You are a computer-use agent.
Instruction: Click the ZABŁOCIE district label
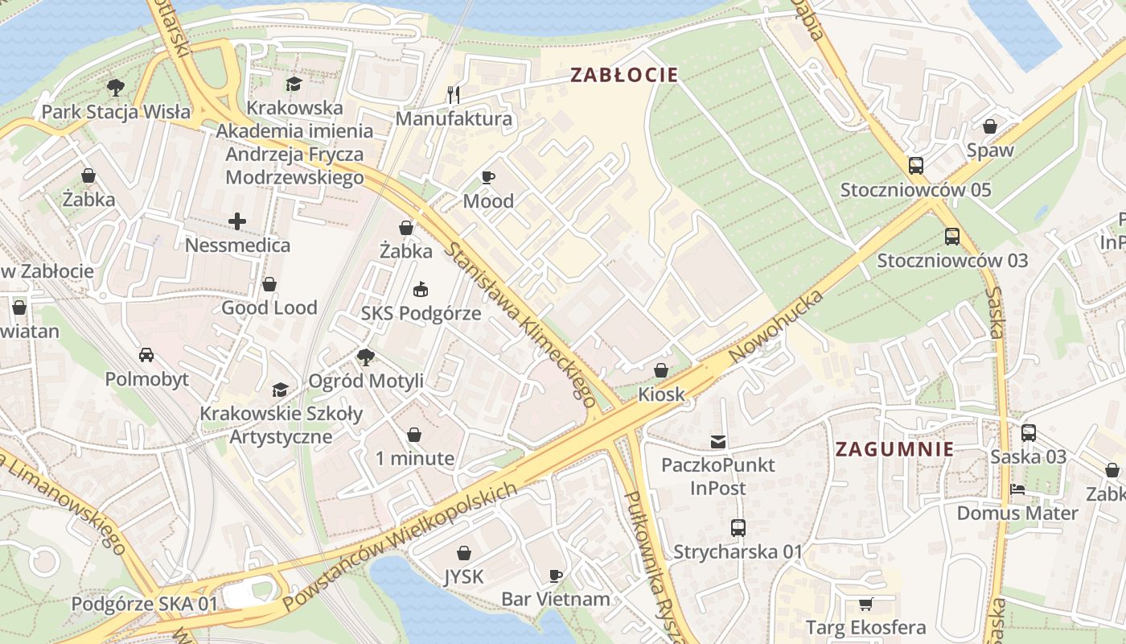click(624, 76)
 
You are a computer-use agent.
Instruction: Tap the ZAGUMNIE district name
click(894, 449)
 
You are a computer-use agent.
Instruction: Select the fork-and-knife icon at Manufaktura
click(454, 95)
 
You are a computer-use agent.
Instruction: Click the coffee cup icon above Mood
click(488, 177)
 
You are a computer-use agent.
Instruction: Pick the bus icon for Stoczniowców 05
click(915, 166)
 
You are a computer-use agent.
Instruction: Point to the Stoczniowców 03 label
click(952, 261)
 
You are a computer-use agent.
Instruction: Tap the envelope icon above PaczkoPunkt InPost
click(717, 441)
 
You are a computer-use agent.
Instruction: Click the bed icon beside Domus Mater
click(1017, 489)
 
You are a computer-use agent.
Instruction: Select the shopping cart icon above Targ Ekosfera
click(865, 604)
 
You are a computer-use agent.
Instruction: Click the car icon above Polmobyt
click(146, 355)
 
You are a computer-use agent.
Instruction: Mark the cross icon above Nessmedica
click(237, 221)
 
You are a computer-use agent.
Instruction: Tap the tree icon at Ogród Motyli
click(366, 357)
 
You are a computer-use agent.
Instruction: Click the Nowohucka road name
click(776, 327)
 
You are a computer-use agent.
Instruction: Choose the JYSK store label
click(464, 576)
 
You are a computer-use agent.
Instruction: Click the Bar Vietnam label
click(555, 599)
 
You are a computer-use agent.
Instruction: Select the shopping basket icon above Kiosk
click(661, 370)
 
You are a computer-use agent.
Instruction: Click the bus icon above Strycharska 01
click(738, 528)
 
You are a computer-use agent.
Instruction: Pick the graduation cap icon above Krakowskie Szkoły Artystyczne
click(280, 390)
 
